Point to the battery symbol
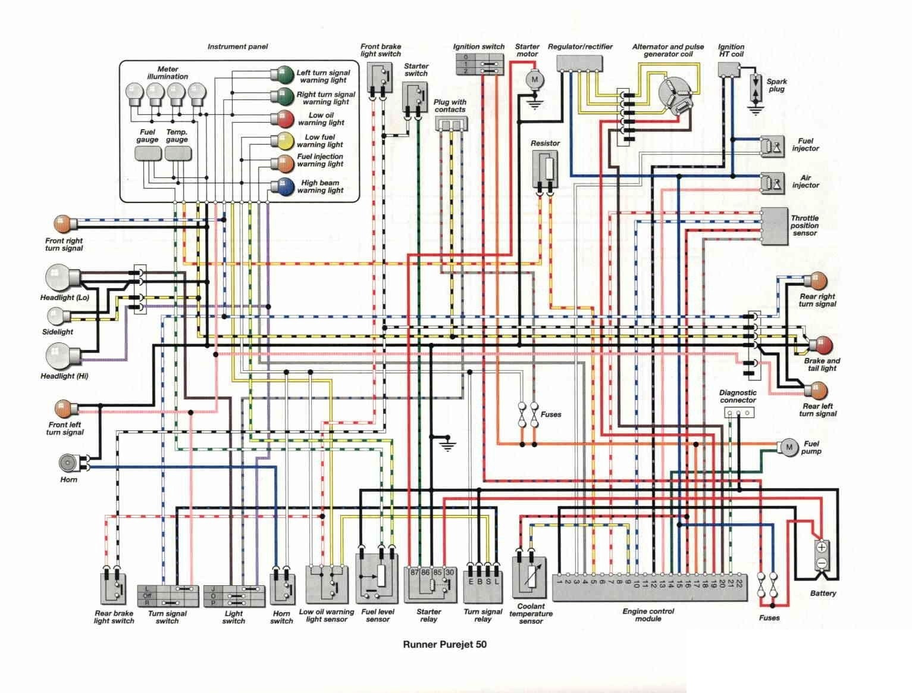[822, 555]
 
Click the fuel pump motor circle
[789, 447]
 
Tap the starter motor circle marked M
[534, 79]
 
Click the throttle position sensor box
[774, 226]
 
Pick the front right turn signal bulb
[64, 224]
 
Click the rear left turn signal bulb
[815, 391]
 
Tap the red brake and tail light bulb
[823, 345]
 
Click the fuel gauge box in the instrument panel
[148, 154]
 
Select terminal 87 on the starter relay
[415, 572]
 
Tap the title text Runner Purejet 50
[444, 644]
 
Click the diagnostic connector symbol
[738, 412]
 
